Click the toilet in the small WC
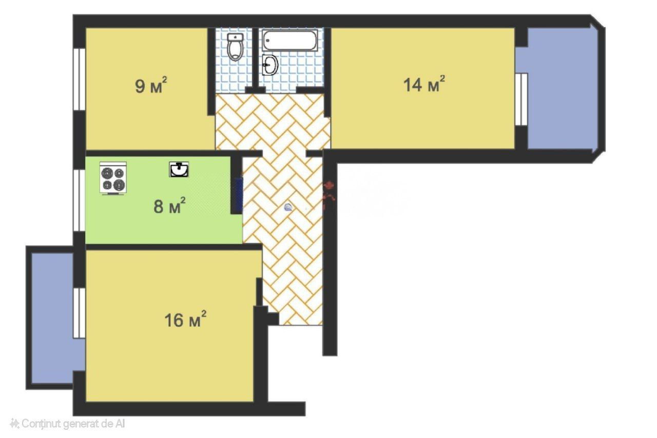pyautogui.click(x=236, y=47)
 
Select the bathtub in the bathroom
pyautogui.click(x=289, y=40)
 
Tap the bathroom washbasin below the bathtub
pyautogui.click(x=270, y=65)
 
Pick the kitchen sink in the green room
pyautogui.click(x=179, y=169)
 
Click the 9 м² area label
pyautogui.click(x=151, y=85)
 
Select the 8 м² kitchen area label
pyautogui.click(x=169, y=206)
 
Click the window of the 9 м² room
pyautogui.click(x=79, y=79)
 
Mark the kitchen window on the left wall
pyautogui.click(x=79, y=201)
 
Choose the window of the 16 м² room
pyautogui.click(x=79, y=313)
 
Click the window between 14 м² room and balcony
pyautogui.click(x=521, y=99)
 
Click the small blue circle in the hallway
pyautogui.click(x=288, y=208)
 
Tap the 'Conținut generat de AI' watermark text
pyautogui.click(x=73, y=424)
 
